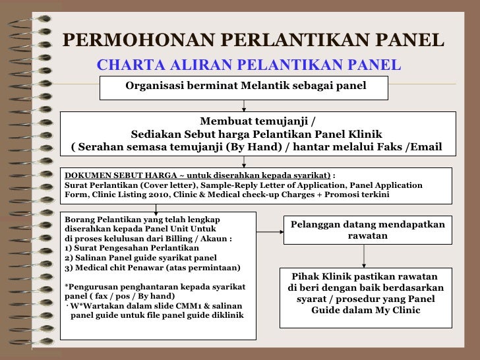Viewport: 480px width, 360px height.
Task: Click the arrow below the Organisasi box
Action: pyautogui.click(x=245, y=105)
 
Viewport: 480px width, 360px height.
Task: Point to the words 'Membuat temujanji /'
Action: pyautogui.click(x=258, y=121)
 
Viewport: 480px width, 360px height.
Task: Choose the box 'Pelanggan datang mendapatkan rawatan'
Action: pyautogui.click(x=367, y=230)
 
